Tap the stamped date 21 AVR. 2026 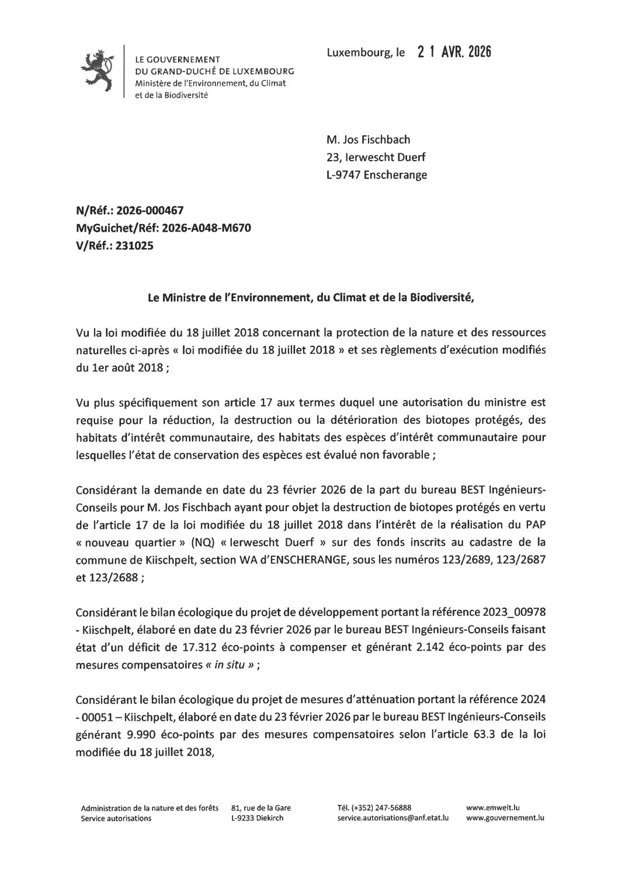tap(454, 53)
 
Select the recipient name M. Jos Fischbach tap(368, 139)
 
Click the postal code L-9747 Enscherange tap(376, 174)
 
